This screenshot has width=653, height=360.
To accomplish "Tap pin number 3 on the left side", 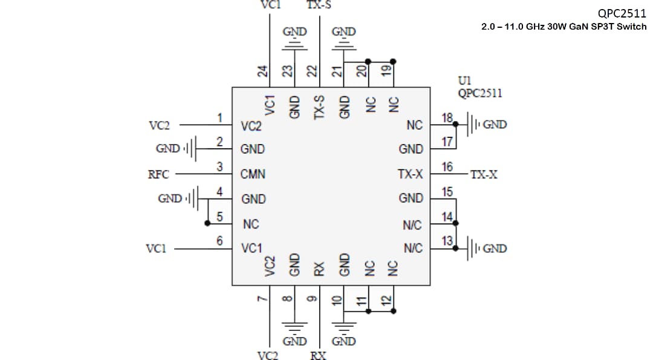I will [220, 166].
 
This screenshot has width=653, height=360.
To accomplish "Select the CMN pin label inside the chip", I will [253, 174].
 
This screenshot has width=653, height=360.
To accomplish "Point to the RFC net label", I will [158, 175].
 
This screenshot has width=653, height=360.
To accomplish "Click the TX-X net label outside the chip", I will [484, 175].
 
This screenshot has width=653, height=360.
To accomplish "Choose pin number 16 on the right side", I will [447, 166].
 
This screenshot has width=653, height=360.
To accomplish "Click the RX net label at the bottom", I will [319, 355].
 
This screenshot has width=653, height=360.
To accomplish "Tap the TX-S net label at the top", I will [319, 5].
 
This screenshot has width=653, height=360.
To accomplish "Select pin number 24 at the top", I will [262, 71].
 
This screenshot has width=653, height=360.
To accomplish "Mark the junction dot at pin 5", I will [207, 223].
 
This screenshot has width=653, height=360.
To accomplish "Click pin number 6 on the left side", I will [220, 240].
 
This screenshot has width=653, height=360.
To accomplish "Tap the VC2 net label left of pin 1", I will [159, 125].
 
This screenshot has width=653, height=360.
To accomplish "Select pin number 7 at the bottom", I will [262, 298].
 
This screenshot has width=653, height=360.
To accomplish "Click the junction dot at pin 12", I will [394, 312].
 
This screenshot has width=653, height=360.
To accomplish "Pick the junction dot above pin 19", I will [394, 61].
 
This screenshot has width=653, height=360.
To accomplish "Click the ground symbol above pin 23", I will [294, 45].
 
